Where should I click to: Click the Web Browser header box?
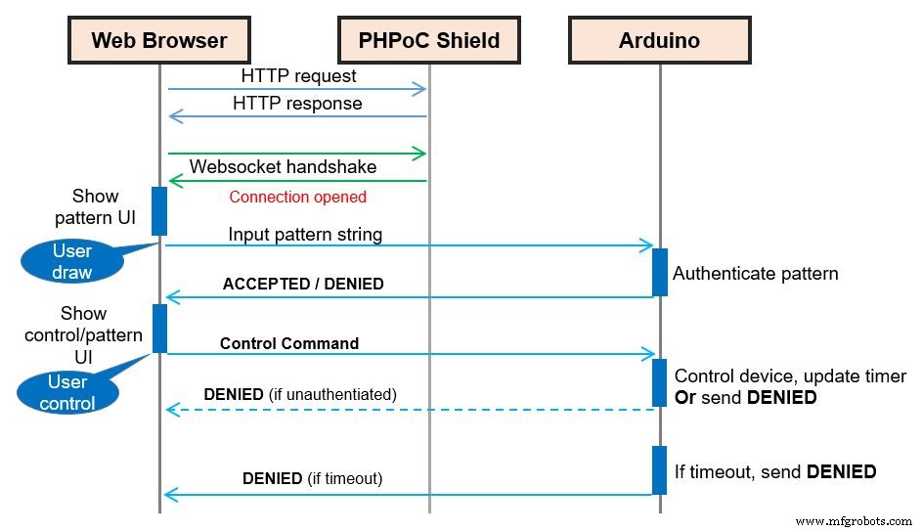(158, 40)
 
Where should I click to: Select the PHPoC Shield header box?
(430, 40)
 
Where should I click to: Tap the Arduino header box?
(659, 40)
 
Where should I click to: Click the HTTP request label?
(298, 75)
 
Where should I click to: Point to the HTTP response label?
(297, 103)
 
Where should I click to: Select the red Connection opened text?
(297, 197)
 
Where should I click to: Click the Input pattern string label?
(305, 235)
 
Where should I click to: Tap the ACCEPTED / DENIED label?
(303, 284)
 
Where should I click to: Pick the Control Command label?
(289, 343)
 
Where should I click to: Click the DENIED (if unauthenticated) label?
(300, 394)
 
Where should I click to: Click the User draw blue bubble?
(71, 262)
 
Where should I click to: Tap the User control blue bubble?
(67, 392)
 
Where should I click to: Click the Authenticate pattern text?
(755, 274)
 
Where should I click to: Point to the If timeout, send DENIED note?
(774, 471)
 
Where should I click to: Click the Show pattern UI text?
(96, 206)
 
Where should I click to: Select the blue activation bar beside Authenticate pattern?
(659, 271)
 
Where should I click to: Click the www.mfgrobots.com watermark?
(854, 521)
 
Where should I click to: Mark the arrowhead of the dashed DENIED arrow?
(171, 410)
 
